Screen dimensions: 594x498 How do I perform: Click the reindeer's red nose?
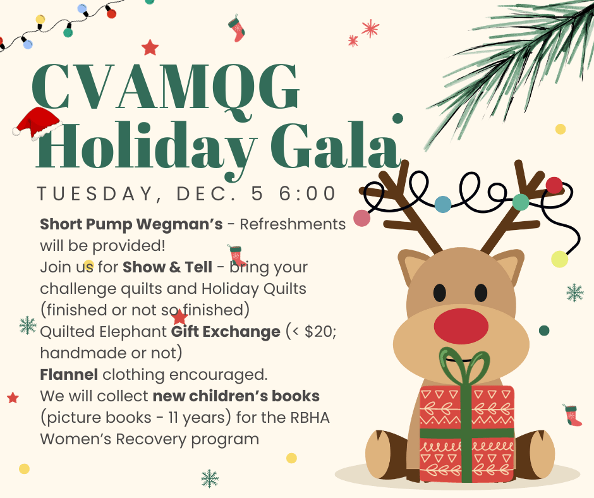pos(461,326)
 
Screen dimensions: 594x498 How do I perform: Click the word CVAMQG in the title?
pos(166,88)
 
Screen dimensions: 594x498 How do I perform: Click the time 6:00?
pos(307,193)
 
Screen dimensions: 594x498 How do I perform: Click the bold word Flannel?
pos(69,374)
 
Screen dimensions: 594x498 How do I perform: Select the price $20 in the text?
pos(319,332)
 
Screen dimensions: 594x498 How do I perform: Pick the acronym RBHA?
pos(310,418)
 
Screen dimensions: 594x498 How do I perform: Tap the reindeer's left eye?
pos(439,293)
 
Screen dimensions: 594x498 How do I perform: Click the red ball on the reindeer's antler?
pos(554,185)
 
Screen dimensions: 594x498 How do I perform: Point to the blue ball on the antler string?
pos(443,204)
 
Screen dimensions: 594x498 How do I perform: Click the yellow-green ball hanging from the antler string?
pos(559,259)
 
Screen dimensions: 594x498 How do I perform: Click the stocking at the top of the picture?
pos(237,29)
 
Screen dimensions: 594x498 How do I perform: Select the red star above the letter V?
pos(150,48)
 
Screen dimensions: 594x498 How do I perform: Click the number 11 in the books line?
pos(173,418)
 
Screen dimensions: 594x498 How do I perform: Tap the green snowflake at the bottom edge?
pos(210,478)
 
